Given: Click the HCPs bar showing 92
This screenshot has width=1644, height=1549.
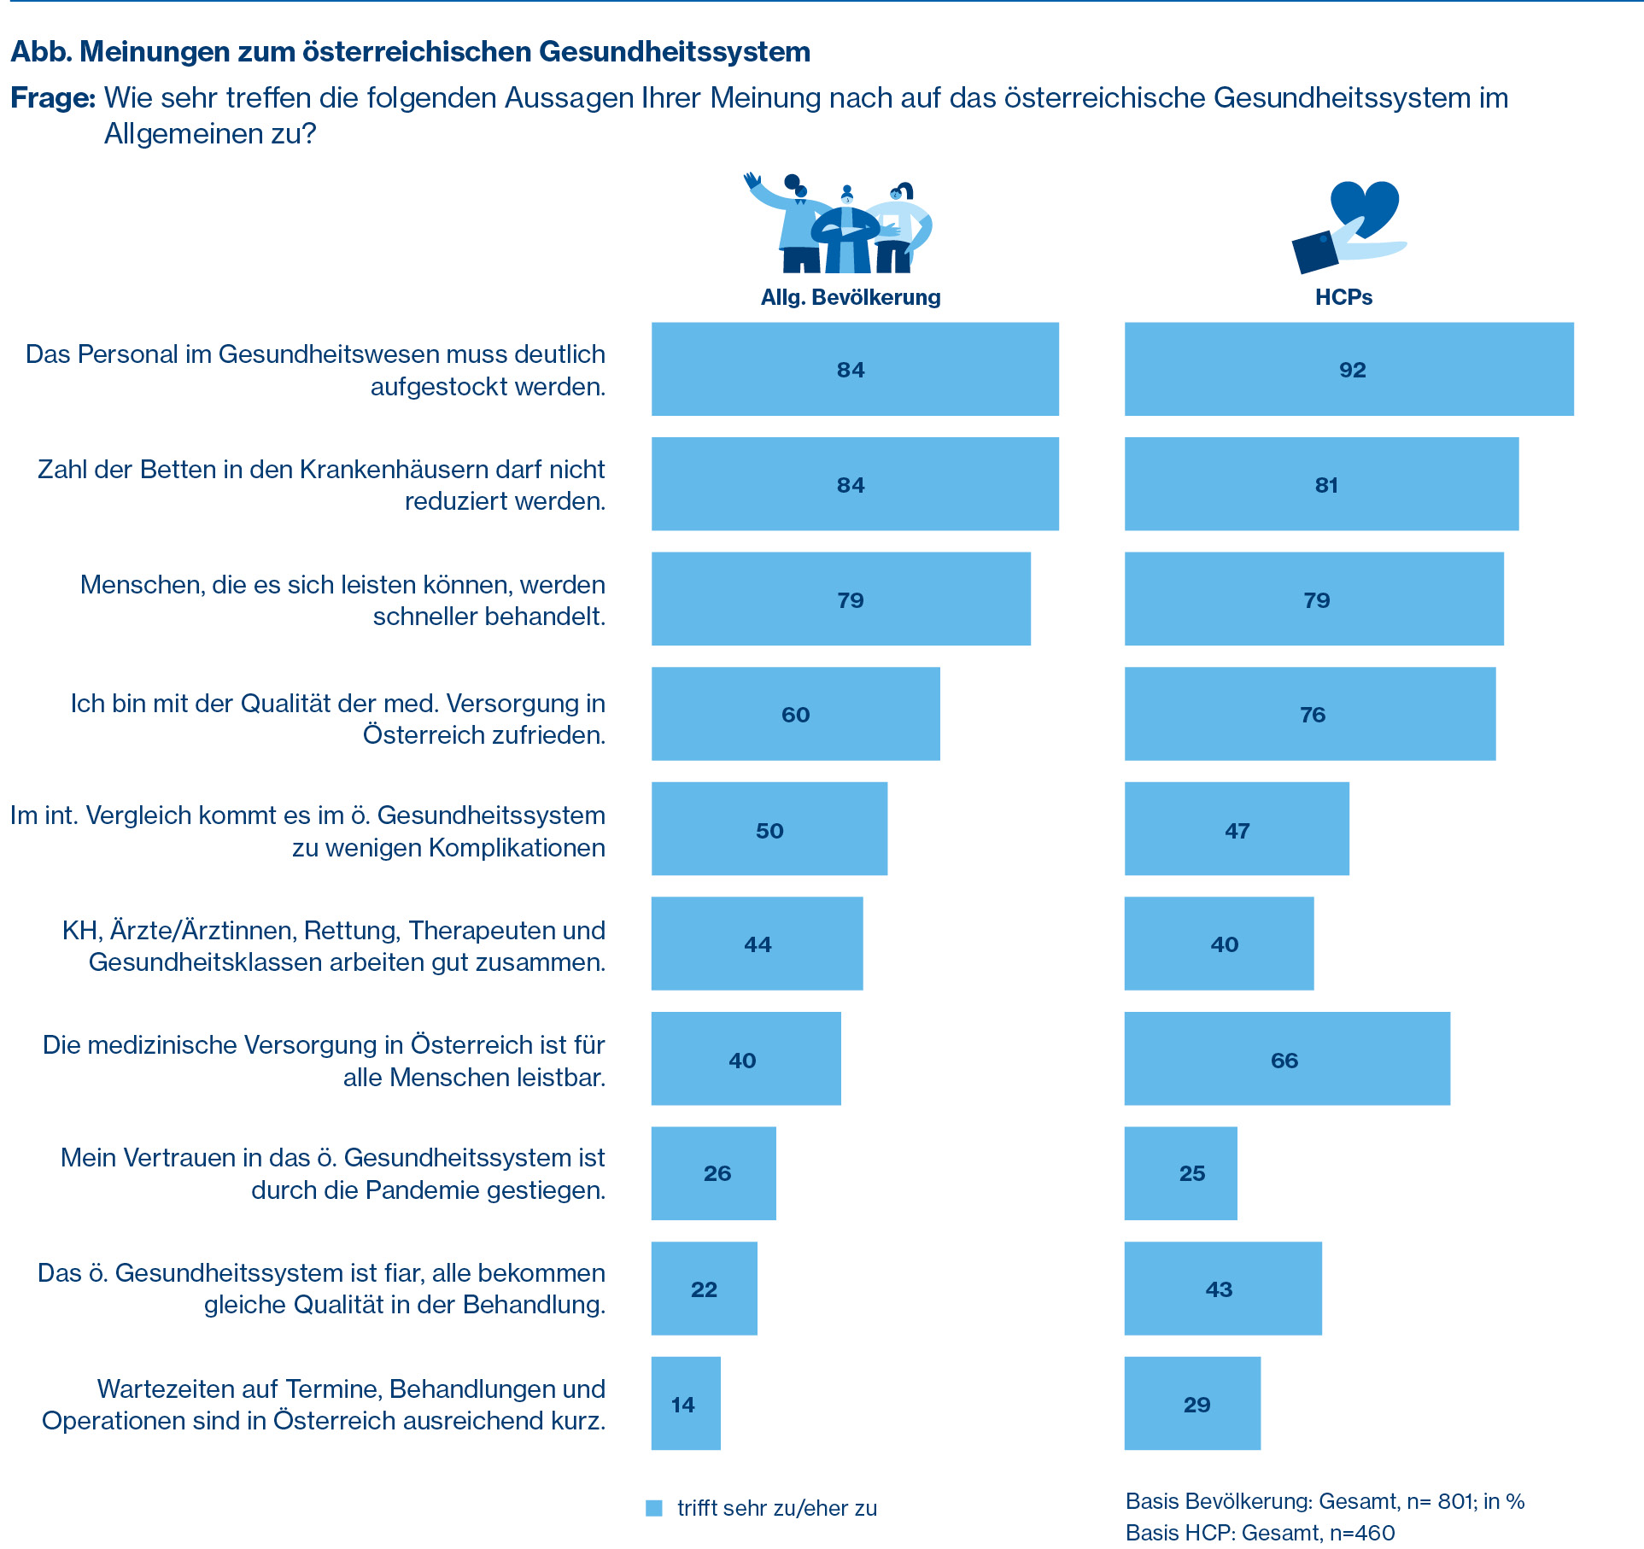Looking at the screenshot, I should pyautogui.click(x=1349, y=369).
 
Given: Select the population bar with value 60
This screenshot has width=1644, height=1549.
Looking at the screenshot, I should pyautogui.click(x=795, y=714).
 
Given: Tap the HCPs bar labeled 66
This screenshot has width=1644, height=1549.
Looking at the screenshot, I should pyautogui.click(x=1286, y=1059).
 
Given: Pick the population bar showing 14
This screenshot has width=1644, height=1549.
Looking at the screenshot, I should pyautogui.click(x=686, y=1404).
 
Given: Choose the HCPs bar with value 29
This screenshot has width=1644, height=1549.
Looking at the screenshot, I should pyautogui.click(x=1192, y=1404).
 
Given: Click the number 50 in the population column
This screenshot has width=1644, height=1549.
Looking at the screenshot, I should pyautogui.click(x=769, y=831).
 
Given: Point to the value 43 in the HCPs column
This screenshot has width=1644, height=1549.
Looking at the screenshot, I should pyautogui.click(x=1219, y=1289).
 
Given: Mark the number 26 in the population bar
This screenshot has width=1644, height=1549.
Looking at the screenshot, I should pyautogui.click(x=717, y=1173).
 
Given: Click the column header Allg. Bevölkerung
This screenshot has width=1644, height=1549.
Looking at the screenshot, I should pyautogui.click(x=851, y=297).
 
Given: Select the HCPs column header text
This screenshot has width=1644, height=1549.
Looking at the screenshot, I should pyautogui.click(x=1343, y=297).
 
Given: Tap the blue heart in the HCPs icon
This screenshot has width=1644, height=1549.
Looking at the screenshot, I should pyautogui.click(x=1365, y=205).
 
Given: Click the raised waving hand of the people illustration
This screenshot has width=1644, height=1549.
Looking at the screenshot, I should pyautogui.click(x=752, y=181).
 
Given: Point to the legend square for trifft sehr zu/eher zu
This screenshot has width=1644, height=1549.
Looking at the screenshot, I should pyautogui.click(x=654, y=1508).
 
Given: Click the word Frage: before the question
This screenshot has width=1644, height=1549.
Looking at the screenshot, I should pyautogui.click(x=52, y=98).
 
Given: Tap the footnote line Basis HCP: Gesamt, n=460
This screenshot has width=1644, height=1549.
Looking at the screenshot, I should pyautogui.click(x=1260, y=1533).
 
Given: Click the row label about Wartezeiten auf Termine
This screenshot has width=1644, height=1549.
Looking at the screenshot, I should pyautogui.click(x=324, y=1404).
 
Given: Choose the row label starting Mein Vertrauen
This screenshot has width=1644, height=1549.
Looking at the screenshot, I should pyautogui.click(x=333, y=1173).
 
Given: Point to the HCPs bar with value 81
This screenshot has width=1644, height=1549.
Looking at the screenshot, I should pyautogui.click(x=1321, y=484).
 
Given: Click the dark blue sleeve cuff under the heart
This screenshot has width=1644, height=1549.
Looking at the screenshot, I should pyautogui.click(x=1315, y=254).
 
